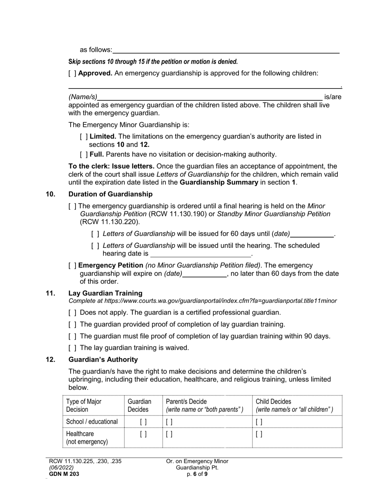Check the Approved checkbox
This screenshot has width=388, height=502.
[72, 73]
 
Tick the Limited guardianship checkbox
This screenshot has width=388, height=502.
[84, 136]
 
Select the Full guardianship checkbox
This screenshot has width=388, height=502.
[84, 154]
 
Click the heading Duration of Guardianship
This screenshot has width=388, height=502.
[110, 194]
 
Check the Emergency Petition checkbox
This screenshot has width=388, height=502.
[72, 265]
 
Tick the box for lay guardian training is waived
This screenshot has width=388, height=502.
[72, 348]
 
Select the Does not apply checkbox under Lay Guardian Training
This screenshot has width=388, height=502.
[72, 313]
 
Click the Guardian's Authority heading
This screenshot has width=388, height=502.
[103, 360]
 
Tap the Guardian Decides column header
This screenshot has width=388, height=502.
[139, 405]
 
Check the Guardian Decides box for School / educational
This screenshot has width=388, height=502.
[143, 422]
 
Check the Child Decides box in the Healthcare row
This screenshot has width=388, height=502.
[259, 435]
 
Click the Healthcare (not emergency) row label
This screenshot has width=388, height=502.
[87, 438]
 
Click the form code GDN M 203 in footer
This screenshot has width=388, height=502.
[64, 474]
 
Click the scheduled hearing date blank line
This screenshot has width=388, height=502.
[200, 254]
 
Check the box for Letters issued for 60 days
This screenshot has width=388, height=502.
[95, 234]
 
